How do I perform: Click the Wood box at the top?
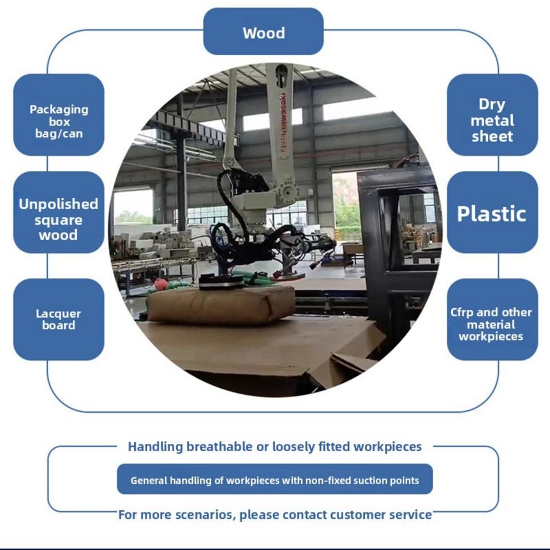[264, 32]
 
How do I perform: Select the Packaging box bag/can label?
[58, 121]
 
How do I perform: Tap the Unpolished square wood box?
[58, 212]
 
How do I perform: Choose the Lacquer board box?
[58, 320]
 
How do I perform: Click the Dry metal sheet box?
[492, 115]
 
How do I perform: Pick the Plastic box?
[492, 212]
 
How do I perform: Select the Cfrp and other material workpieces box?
[492, 320]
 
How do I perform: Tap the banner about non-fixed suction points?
[274, 479]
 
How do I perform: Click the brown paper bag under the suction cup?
[221, 304]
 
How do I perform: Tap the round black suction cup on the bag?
[221, 282]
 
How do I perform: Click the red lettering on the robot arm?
[282, 123]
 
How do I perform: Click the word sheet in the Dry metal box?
[492, 136]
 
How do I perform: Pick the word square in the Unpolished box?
[58, 221]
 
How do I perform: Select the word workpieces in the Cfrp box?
[491, 336]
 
